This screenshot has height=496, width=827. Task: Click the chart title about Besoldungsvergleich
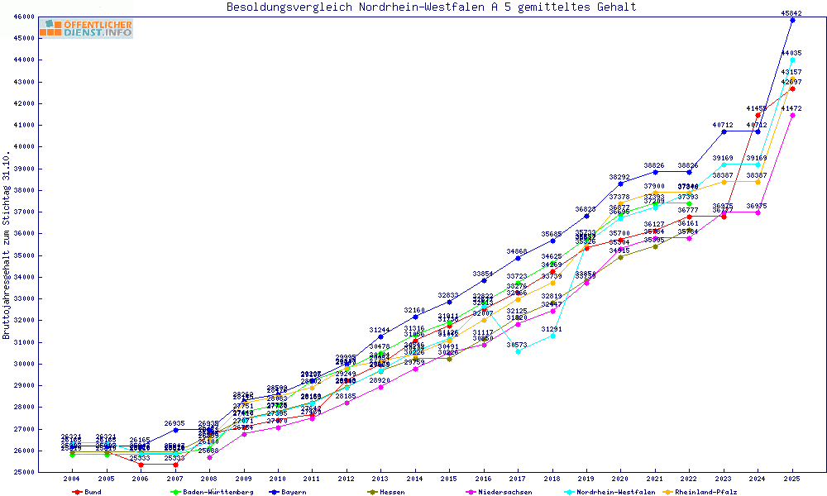[x=432, y=7]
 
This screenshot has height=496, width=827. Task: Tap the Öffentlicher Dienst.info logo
[x=87, y=29]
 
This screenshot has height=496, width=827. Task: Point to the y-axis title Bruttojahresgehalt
[x=7, y=246]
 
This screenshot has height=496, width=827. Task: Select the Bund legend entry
[x=92, y=492]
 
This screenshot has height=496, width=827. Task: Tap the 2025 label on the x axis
[x=792, y=479]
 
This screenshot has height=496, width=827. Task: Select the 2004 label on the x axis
[x=72, y=479]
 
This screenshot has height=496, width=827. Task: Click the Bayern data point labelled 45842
[x=792, y=20]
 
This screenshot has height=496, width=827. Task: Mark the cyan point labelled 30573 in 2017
[x=518, y=351]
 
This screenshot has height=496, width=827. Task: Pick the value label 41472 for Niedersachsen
[x=791, y=108]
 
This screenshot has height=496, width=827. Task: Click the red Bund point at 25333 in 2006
[x=141, y=465]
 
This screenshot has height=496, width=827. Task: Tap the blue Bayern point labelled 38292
[x=620, y=184]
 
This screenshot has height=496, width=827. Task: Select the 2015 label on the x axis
[x=449, y=479]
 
